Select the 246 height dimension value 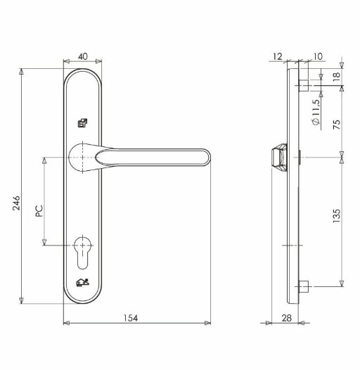[x=16, y=202]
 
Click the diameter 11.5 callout [x=316, y=112]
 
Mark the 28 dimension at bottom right [x=288, y=317]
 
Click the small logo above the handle [x=83, y=123]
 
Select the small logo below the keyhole [x=83, y=284]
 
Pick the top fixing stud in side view [x=304, y=86]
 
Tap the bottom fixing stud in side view [x=304, y=286]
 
